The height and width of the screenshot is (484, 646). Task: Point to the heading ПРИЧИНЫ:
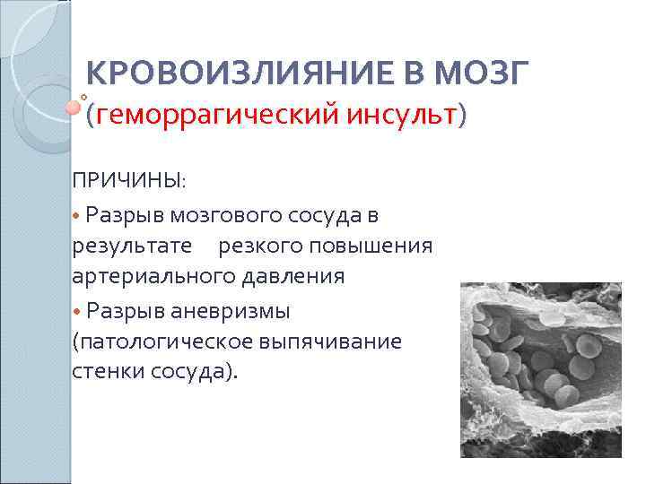click(x=129, y=181)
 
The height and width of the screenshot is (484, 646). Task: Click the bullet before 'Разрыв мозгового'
click(x=77, y=216)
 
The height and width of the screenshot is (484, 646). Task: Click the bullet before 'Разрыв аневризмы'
click(x=77, y=311)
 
